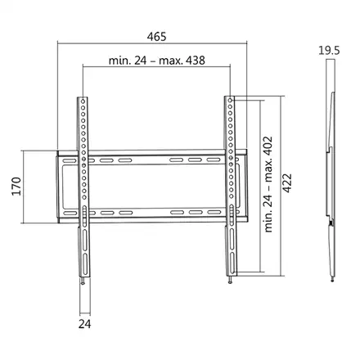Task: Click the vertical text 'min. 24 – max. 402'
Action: pyautogui.click(x=268, y=186)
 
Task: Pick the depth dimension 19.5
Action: pyautogui.click(x=331, y=49)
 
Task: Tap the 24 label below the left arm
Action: pyautogui.click(x=85, y=325)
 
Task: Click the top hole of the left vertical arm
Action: pyautogui.click(x=82, y=102)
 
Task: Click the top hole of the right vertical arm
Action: pyautogui.click(x=231, y=102)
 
